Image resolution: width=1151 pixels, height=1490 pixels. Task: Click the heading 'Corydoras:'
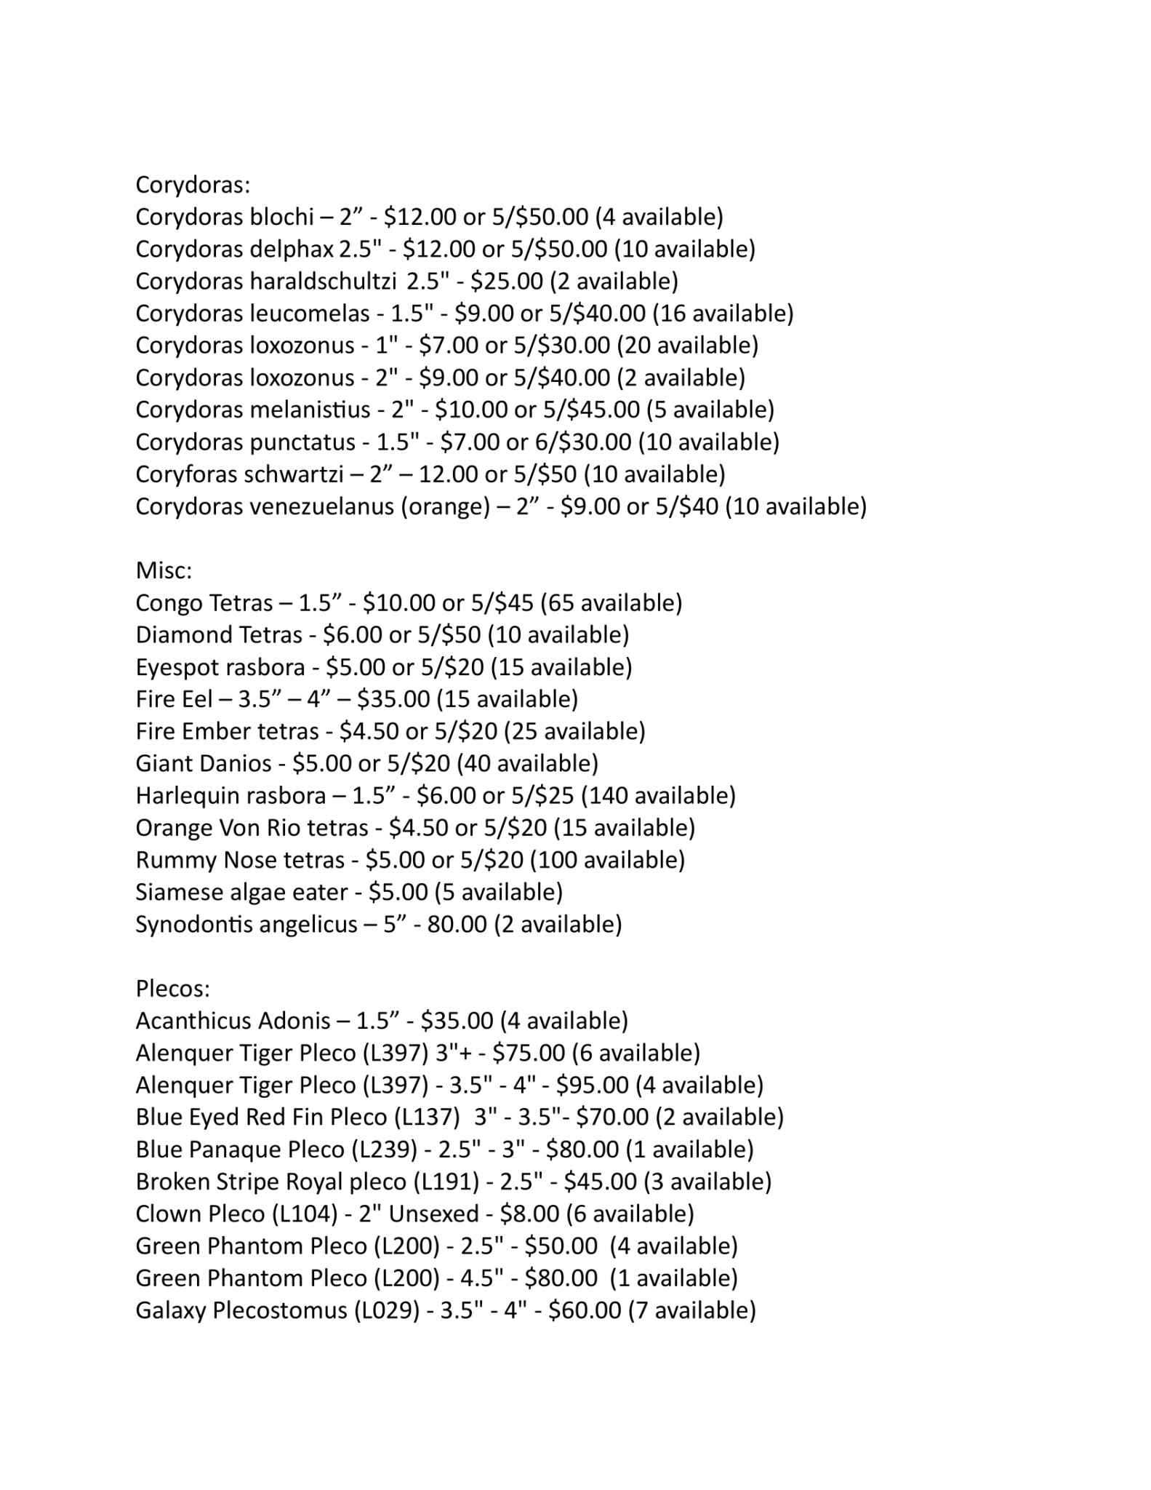pos(193,185)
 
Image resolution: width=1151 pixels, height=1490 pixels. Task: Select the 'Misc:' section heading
pos(164,570)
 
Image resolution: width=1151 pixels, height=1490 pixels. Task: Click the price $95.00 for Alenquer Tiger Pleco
pos(592,1085)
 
